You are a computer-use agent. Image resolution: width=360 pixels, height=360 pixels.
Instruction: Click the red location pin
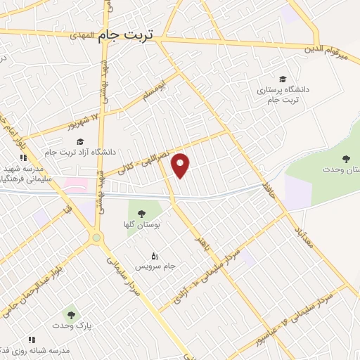[x=181, y=165]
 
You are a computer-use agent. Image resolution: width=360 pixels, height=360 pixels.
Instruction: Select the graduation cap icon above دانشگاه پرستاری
[x=283, y=79]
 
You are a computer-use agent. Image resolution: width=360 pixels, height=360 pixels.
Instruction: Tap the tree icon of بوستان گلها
[x=141, y=213]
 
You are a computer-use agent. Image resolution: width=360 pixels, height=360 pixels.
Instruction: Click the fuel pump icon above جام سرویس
[x=155, y=255]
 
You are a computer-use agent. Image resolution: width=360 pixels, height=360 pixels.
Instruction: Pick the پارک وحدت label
[x=69, y=326]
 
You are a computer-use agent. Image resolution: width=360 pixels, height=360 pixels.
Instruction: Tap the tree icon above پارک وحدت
[x=69, y=314]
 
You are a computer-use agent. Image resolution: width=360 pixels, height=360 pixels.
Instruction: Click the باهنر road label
[x=202, y=238]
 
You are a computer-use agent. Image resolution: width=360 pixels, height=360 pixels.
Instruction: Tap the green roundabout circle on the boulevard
[x=96, y=238]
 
